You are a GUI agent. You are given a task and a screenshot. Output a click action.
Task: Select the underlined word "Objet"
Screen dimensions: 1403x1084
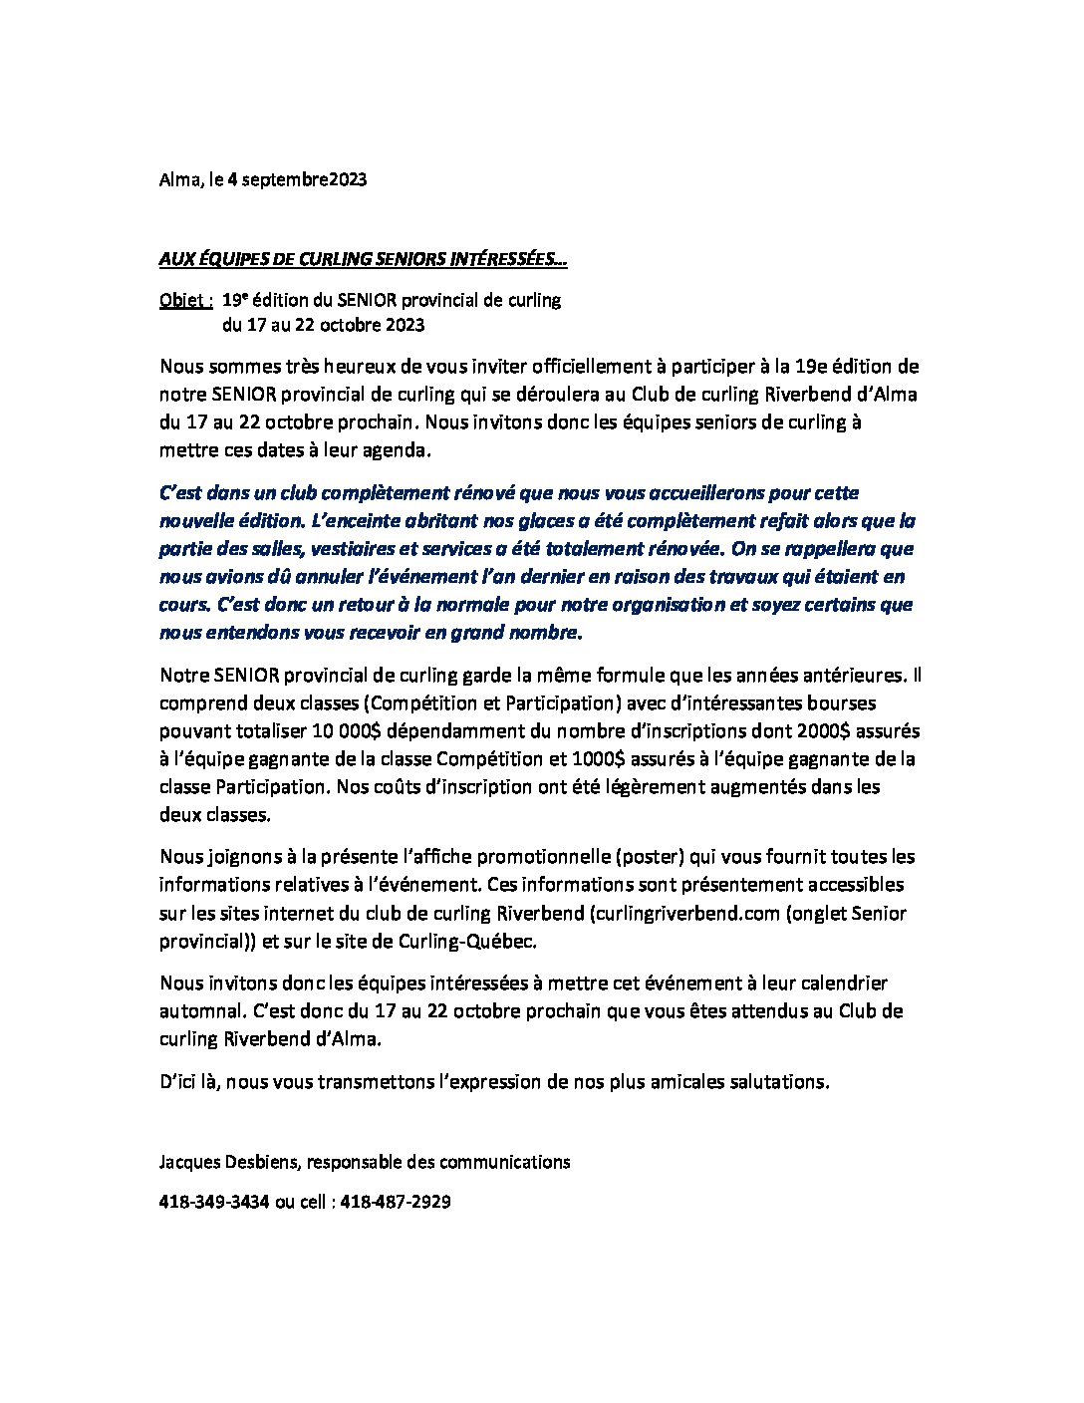pos(183,299)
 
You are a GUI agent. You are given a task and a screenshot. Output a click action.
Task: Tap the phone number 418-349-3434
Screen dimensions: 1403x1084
pos(214,1202)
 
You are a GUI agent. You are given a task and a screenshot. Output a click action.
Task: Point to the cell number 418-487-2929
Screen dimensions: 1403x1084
pos(396,1202)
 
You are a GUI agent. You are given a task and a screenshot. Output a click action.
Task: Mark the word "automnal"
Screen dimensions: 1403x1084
pos(199,1010)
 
